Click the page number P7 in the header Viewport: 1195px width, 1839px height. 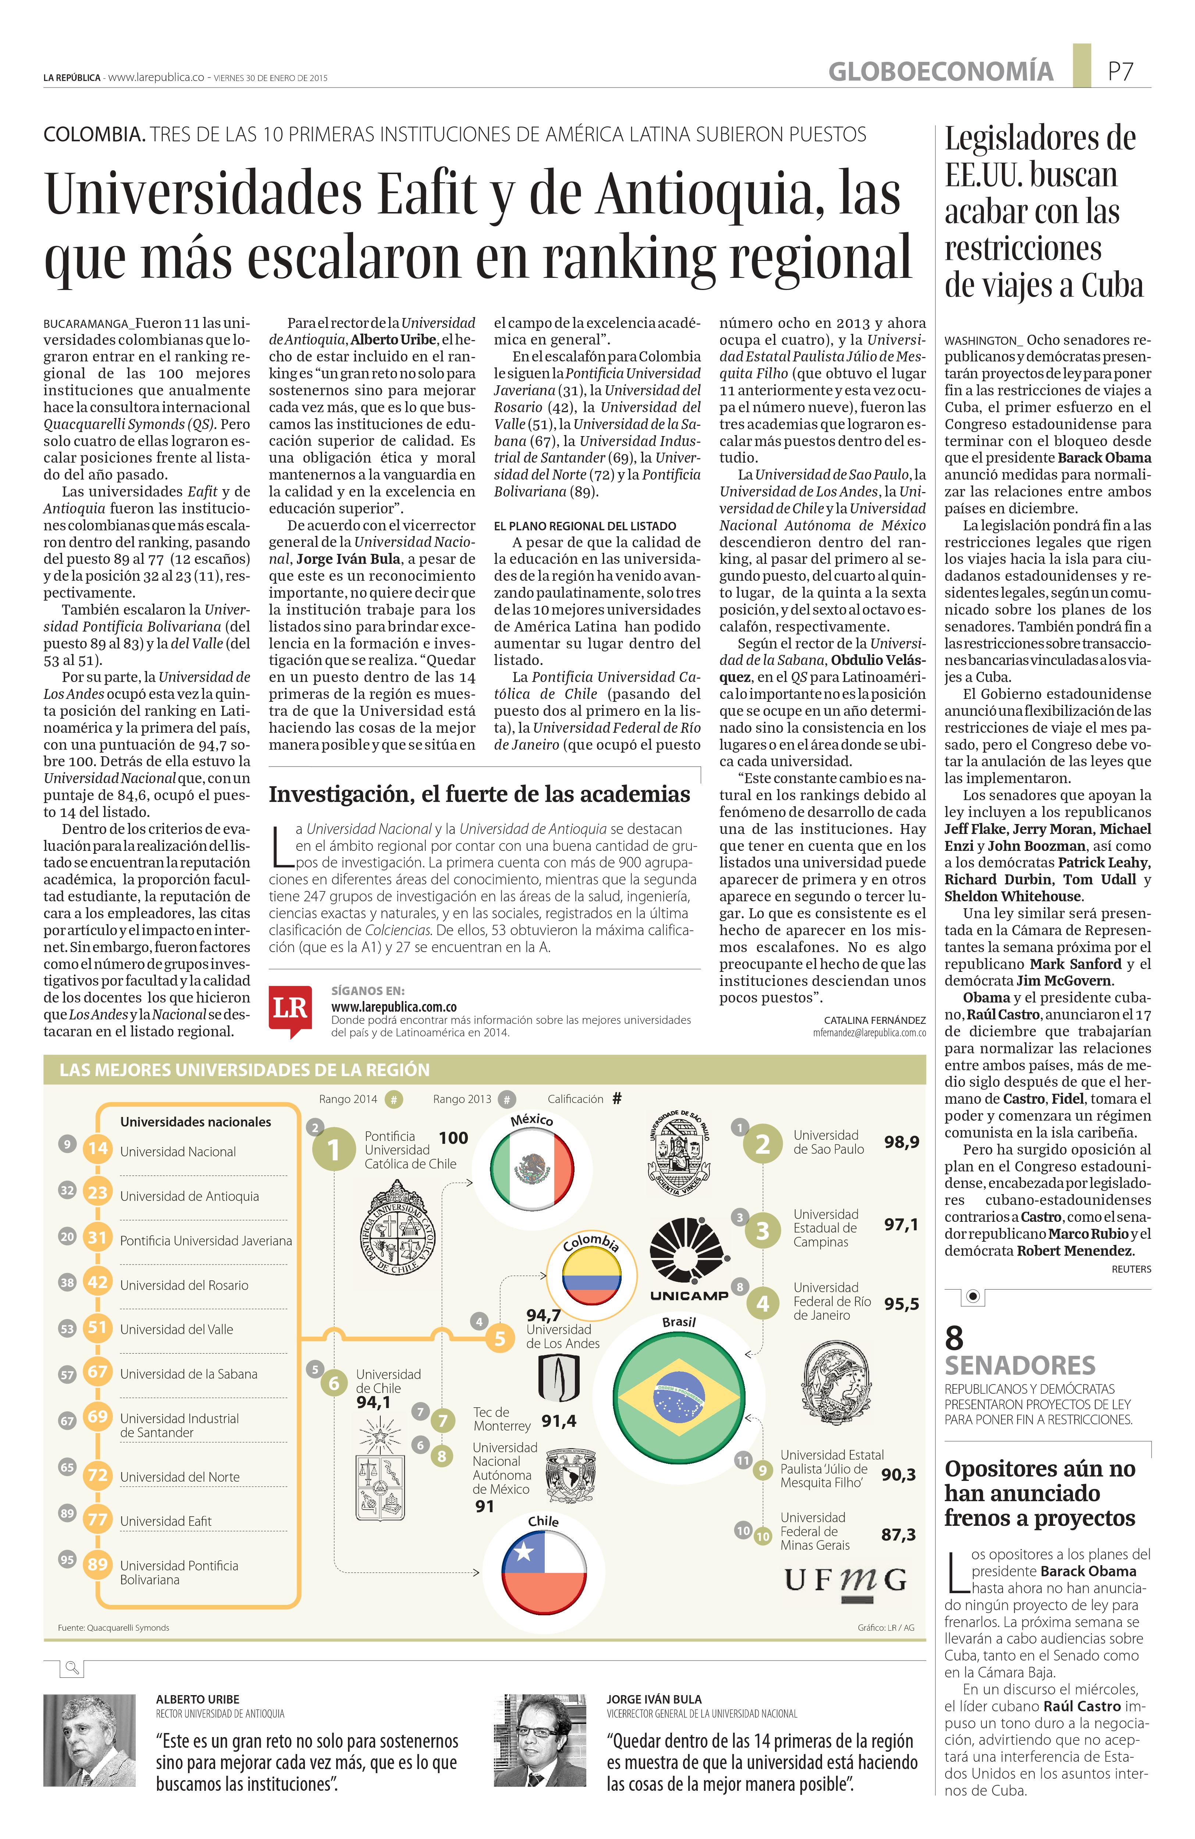coord(1120,72)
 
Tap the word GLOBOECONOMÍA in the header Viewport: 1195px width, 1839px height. coord(940,72)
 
